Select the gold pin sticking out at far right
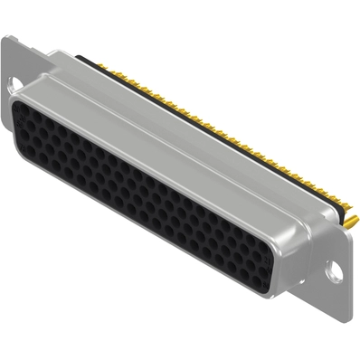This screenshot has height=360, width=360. [x=348, y=220]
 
